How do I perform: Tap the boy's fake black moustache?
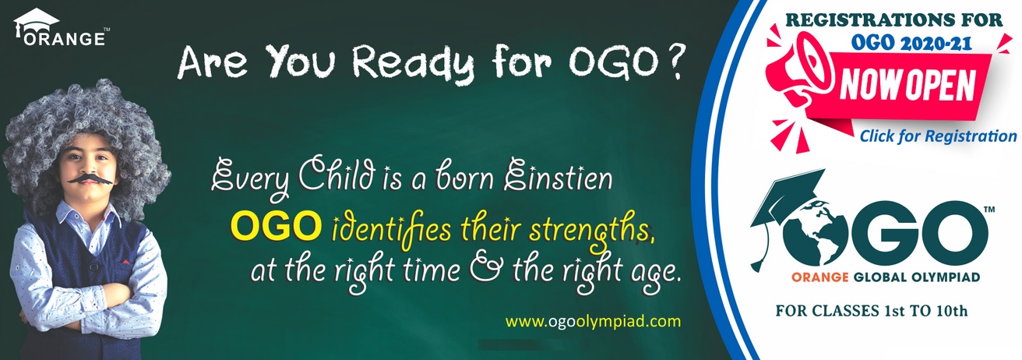coord(90,178)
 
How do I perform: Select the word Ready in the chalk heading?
coord(414,63)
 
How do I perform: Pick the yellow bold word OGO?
coord(275,226)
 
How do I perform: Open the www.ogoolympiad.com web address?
coord(593,321)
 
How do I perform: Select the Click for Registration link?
coord(938,136)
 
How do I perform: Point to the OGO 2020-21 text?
coord(911,43)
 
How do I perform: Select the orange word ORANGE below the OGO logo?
coord(820,277)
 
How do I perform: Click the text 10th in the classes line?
coord(952,311)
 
